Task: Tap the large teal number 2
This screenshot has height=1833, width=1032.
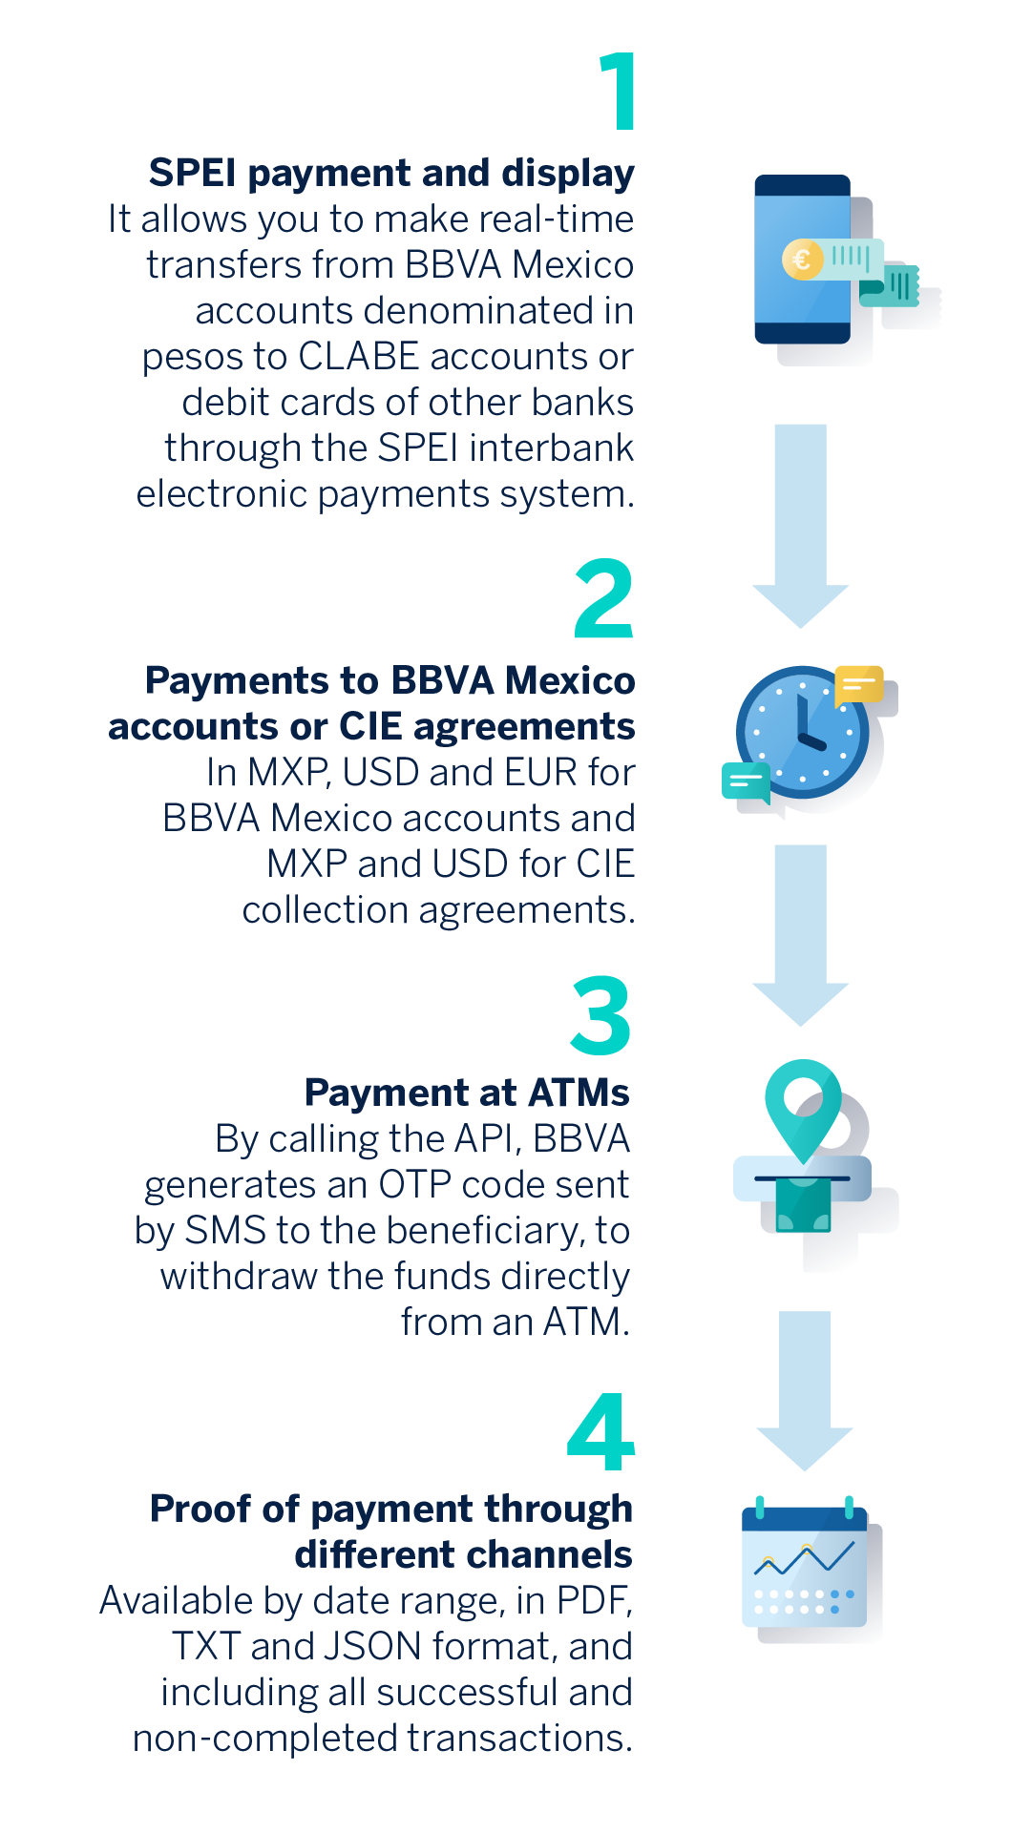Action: [x=604, y=598]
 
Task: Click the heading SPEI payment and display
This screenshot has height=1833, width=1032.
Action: [x=391, y=173]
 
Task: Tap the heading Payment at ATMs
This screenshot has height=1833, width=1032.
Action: [x=467, y=1092]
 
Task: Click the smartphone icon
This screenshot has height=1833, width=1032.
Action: [x=803, y=259]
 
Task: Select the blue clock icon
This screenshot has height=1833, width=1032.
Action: [x=802, y=732]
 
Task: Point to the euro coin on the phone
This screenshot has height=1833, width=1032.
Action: [x=802, y=259]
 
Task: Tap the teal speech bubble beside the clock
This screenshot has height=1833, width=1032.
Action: [x=747, y=782]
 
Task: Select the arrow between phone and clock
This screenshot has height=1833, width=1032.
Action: [x=800, y=526]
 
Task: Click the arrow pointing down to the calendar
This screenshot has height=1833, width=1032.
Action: [x=804, y=1390]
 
